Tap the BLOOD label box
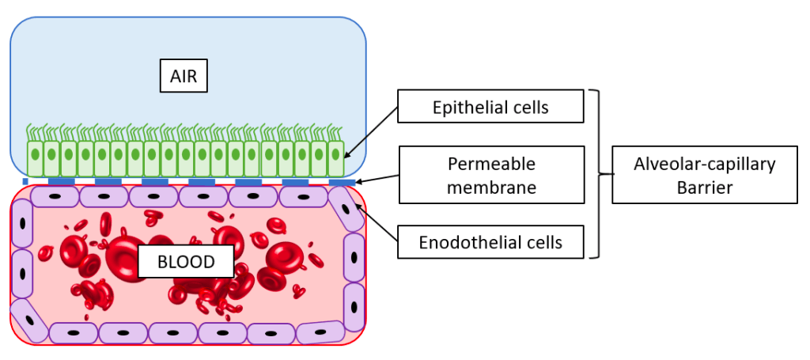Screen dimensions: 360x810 (x=187, y=262)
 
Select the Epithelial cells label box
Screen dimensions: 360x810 (x=490, y=107)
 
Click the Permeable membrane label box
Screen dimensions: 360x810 (x=490, y=175)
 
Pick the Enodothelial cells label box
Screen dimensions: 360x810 (x=490, y=242)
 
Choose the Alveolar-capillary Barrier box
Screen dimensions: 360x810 (x=704, y=175)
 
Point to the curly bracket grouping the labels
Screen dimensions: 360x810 (x=603, y=174)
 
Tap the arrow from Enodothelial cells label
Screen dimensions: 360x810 (x=377, y=223)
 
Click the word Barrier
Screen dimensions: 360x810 (x=705, y=188)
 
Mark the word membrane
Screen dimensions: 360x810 (x=491, y=188)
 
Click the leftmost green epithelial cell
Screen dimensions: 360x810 (x=35, y=158)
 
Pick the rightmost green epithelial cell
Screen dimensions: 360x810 (x=336, y=158)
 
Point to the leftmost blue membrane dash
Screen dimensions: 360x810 (x=25, y=182)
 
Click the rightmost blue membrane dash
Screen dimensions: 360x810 (x=342, y=182)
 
